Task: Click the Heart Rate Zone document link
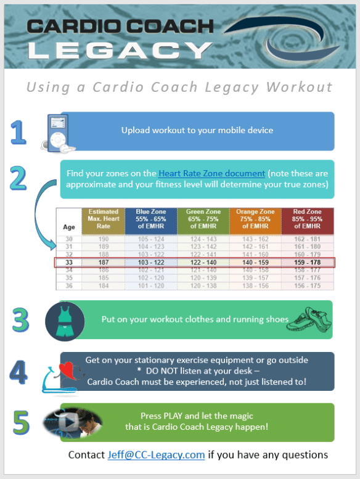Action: [x=211, y=174]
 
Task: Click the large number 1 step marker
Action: [x=20, y=132]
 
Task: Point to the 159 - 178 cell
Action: [x=308, y=262]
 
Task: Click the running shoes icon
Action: [x=309, y=318]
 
